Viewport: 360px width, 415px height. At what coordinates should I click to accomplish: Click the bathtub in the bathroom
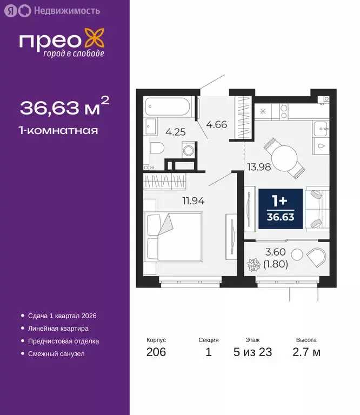[x=168, y=106]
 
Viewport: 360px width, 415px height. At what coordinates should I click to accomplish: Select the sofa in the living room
[x=317, y=209]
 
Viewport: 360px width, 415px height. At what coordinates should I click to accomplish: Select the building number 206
[x=156, y=353]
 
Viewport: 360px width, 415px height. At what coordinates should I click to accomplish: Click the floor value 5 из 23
[x=252, y=353]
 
